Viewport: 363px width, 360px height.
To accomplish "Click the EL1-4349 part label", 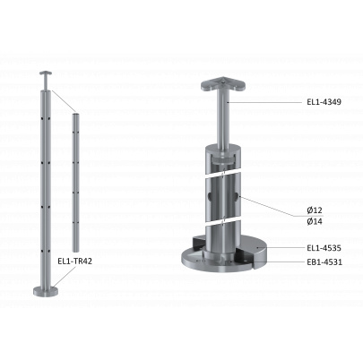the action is (324, 102).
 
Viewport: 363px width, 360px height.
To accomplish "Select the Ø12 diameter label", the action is (315, 210).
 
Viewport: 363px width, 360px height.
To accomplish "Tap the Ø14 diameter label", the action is (315, 221).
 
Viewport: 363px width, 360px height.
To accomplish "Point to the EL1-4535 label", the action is (324, 248).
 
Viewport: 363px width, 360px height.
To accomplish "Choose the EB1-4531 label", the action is (324, 262).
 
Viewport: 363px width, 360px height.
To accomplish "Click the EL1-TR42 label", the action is (74, 261).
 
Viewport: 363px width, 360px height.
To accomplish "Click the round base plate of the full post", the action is (45, 291).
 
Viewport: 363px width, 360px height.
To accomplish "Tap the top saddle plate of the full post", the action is (46, 73).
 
